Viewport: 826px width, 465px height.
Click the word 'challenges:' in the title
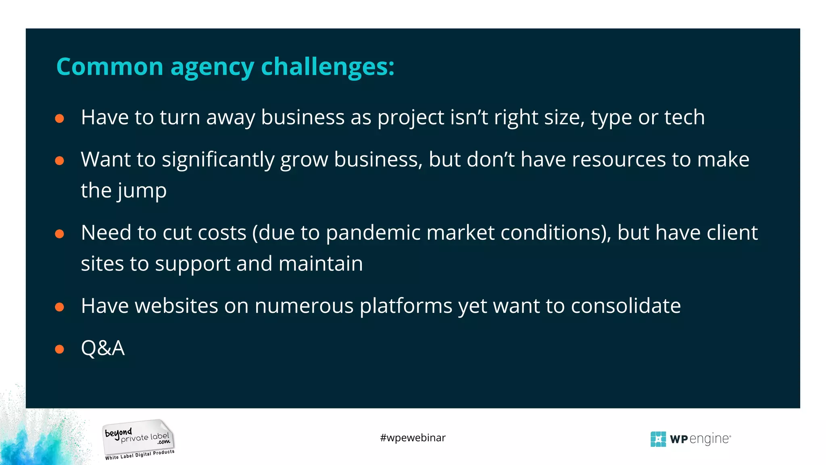(x=327, y=67)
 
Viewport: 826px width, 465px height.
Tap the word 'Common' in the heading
(x=110, y=67)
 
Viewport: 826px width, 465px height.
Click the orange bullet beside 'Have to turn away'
(x=60, y=118)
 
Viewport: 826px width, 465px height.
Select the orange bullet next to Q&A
(x=60, y=349)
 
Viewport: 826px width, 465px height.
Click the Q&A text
(x=103, y=348)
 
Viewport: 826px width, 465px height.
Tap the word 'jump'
(x=142, y=191)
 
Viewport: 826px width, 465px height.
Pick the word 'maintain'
(x=321, y=264)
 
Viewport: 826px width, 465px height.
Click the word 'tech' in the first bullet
(x=684, y=117)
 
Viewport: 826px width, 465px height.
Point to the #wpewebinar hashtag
(x=413, y=438)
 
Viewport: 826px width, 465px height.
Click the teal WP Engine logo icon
(x=658, y=439)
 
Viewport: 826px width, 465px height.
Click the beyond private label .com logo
(x=138, y=436)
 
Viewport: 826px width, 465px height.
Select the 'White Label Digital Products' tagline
(x=140, y=455)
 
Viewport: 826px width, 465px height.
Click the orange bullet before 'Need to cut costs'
(x=60, y=234)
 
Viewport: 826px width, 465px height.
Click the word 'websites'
(x=176, y=306)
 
